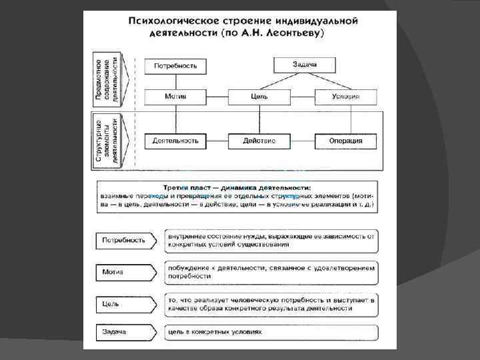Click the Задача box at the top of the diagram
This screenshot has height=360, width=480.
pyautogui.click(x=304, y=65)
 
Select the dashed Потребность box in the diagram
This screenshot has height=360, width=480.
pyautogui.click(x=175, y=66)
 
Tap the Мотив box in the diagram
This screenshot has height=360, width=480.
pyautogui.click(x=175, y=97)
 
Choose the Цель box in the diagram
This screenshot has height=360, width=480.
pyautogui.click(x=259, y=97)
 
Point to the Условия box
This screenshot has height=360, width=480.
pyautogui.click(x=345, y=97)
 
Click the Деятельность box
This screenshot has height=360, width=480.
pyautogui.click(x=175, y=141)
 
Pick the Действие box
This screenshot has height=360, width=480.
pyautogui.click(x=259, y=141)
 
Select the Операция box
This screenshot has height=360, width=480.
pyautogui.click(x=345, y=141)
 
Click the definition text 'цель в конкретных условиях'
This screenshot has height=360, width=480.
pyautogui.click(x=215, y=332)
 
